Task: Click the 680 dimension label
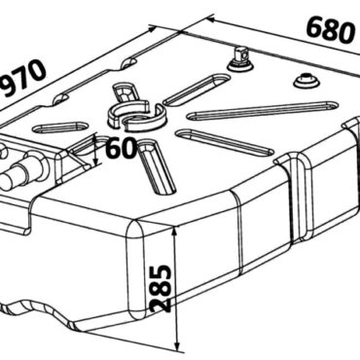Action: click(x=331, y=30)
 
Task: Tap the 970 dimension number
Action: click(x=22, y=78)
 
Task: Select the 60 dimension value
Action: click(x=121, y=148)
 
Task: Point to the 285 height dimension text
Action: click(x=162, y=289)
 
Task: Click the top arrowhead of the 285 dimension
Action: click(x=175, y=232)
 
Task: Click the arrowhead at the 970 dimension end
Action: click(x=152, y=29)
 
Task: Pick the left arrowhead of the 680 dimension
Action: click(x=211, y=19)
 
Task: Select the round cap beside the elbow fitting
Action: click(x=306, y=81)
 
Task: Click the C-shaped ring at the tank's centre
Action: click(x=136, y=115)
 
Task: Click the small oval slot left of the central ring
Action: click(x=60, y=127)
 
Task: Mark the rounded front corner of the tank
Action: click(x=136, y=270)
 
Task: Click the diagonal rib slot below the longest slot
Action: click(x=224, y=141)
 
